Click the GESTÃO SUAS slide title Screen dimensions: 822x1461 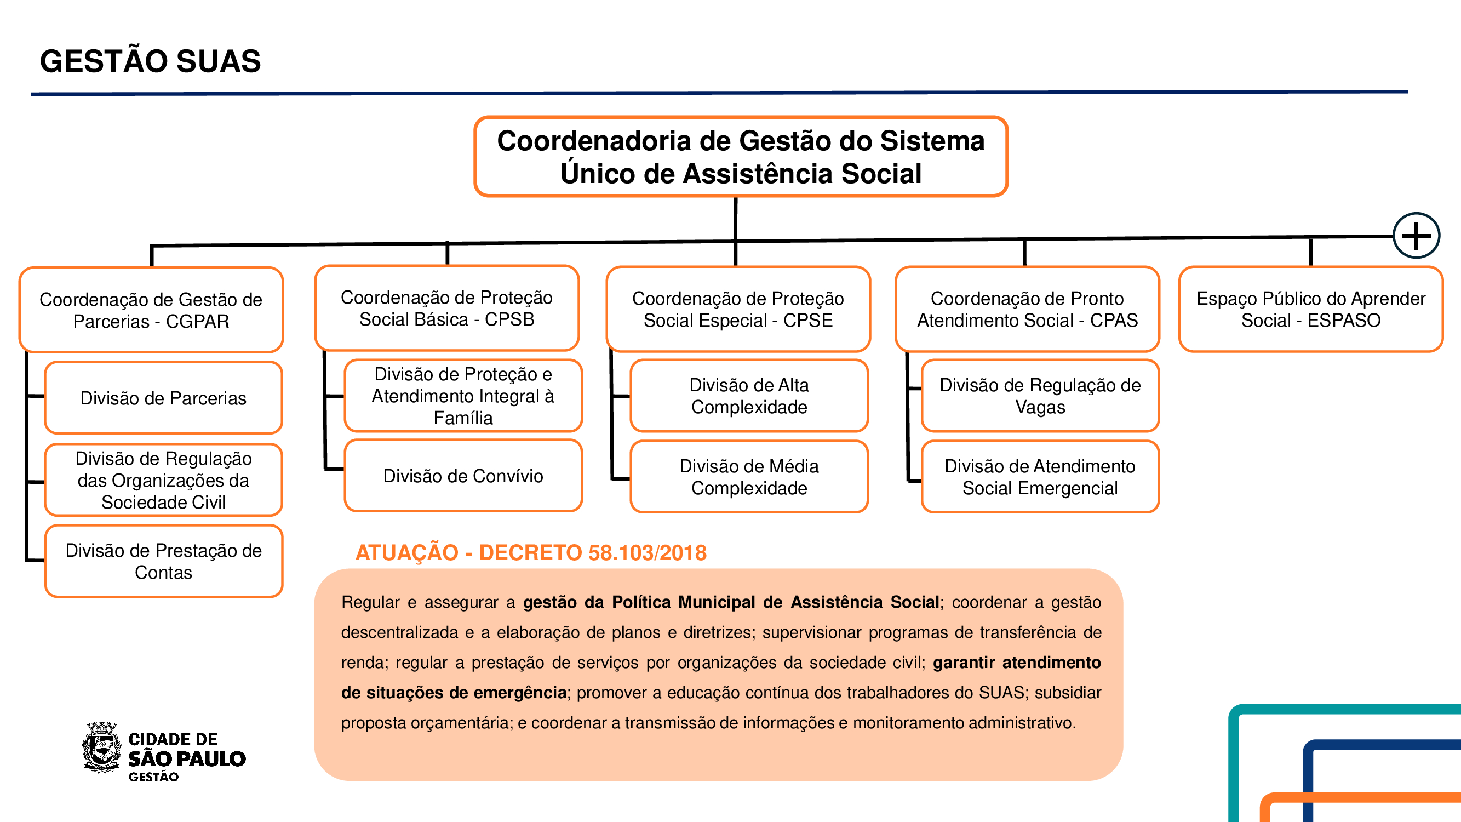150,61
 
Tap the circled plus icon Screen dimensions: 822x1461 1416,236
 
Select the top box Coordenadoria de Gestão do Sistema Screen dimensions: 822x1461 740,157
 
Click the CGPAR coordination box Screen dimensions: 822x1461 151,310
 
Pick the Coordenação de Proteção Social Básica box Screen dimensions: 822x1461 447,309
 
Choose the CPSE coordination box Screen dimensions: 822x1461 738,310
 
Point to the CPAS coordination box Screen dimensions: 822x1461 1027,310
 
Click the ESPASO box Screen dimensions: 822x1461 1310,310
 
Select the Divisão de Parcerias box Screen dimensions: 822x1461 163,398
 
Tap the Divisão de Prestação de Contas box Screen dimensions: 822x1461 163,561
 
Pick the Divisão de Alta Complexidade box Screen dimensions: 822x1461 749,396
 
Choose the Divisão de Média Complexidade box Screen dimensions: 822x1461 749,477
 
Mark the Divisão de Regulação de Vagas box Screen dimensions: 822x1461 1040,396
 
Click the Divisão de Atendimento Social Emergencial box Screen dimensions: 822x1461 1040,477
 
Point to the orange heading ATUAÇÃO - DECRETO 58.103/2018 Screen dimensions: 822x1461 531,552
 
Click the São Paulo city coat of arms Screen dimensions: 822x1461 102,747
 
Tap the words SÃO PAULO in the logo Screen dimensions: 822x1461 187,758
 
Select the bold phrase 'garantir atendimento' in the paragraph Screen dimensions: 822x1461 1016,663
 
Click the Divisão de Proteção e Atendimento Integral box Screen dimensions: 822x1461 463,396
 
